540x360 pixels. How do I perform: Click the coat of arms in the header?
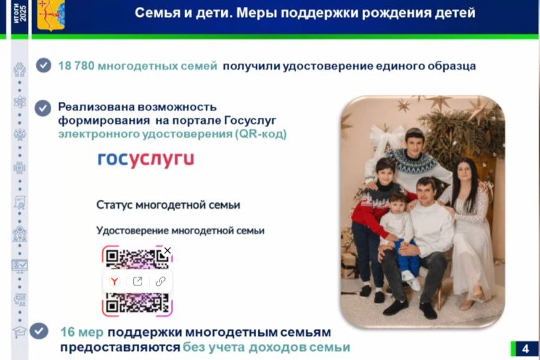click(52, 16)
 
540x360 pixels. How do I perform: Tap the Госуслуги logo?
click(146, 159)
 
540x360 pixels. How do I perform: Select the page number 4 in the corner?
click(525, 348)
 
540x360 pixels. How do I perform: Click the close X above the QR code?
click(167, 250)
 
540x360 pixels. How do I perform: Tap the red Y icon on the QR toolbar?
click(115, 281)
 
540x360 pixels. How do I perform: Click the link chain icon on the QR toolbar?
click(160, 281)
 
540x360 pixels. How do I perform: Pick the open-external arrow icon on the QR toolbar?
click(138, 281)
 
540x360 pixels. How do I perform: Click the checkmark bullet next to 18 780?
click(43, 65)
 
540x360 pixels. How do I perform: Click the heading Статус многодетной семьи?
click(168, 205)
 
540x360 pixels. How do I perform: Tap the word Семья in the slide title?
click(156, 13)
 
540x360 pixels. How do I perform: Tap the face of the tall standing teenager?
click(414, 143)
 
